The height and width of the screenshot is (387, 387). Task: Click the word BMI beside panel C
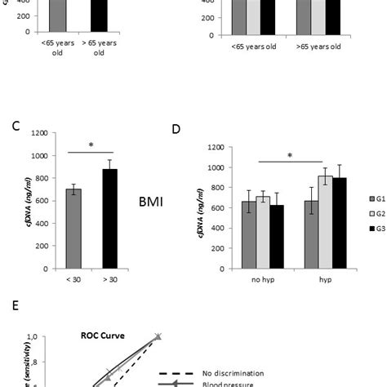(x=149, y=201)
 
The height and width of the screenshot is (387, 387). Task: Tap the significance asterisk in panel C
(x=91, y=145)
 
